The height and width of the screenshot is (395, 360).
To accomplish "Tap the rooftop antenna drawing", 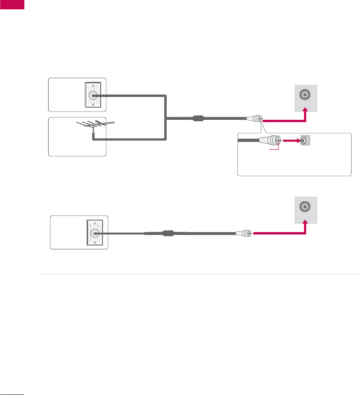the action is pyautogui.click(x=96, y=126).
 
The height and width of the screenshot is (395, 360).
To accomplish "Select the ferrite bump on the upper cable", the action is pyautogui.click(x=198, y=119).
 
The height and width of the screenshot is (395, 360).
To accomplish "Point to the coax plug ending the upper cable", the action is pyautogui.click(x=257, y=119).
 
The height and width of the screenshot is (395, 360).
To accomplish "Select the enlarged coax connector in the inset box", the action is pyautogui.click(x=272, y=140).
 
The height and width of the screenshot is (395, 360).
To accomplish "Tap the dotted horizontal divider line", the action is pyautogui.click(x=201, y=274).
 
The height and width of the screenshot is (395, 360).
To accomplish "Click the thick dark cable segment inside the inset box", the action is pyautogui.click(x=248, y=140).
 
